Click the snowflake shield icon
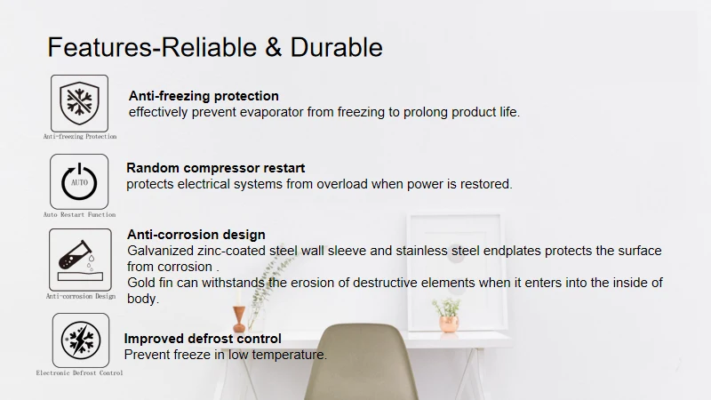[x=79, y=102]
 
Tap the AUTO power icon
[x=79, y=181]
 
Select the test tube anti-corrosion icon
[x=79, y=258]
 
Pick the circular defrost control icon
[x=79, y=340]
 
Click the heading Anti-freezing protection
[x=204, y=96]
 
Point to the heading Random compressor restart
[x=215, y=168]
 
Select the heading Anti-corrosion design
[x=196, y=235]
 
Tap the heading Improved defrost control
[x=203, y=339]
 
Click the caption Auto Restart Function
[x=79, y=215]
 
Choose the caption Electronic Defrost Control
[x=79, y=373]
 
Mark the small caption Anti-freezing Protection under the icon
[x=79, y=137]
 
